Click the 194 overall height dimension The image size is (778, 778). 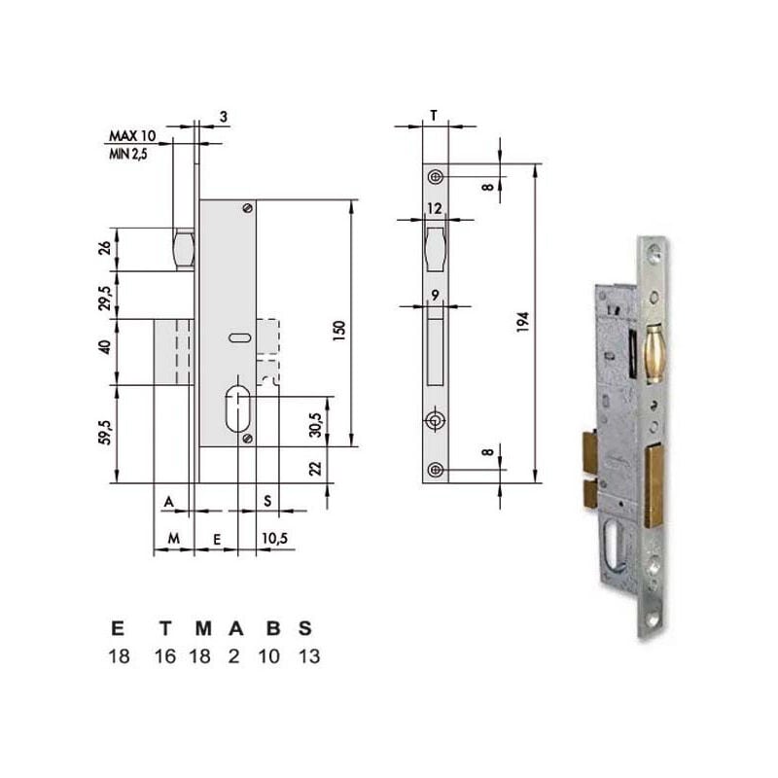[x=523, y=322]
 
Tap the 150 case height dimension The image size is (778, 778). [x=339, y=331]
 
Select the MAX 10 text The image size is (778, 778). [x=132, y=135]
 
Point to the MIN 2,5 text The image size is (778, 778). [x=128, y=155]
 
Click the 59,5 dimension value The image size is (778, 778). [x=105, y=432]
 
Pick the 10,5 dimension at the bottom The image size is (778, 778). [x=275, y=539]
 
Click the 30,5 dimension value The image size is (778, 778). [x=315, y=425]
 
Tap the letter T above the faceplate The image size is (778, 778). [x=434, y=116]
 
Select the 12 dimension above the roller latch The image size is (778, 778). [x=435, y=208]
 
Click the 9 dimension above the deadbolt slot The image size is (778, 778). [x=435, y=296]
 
